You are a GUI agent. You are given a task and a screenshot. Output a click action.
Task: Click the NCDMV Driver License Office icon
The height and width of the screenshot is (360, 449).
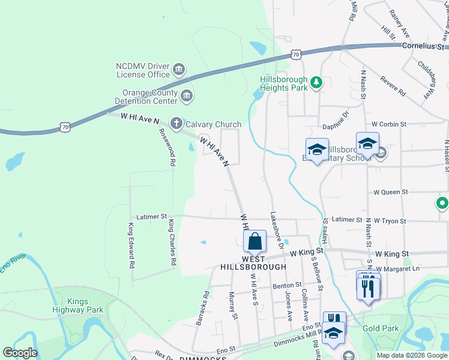coord(178,70)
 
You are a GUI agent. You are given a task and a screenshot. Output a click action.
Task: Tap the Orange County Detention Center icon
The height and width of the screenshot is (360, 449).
coord(187,95)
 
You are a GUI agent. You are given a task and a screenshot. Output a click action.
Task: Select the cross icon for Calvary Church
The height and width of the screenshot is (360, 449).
coord(176,124)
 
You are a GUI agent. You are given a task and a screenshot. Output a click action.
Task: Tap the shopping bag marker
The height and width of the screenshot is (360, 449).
coord(255,242)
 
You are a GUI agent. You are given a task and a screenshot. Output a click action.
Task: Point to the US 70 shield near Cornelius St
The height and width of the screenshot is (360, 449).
coord(295,55)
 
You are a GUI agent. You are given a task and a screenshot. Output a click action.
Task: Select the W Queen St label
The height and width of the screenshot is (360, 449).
coord(391,192)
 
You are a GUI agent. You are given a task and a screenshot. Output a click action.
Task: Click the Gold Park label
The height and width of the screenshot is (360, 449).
coord(381,329)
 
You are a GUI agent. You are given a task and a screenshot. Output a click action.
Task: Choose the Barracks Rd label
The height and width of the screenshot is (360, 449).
coord(202,308)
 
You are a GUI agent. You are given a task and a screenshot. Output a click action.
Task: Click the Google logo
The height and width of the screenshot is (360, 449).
coord(20,353)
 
